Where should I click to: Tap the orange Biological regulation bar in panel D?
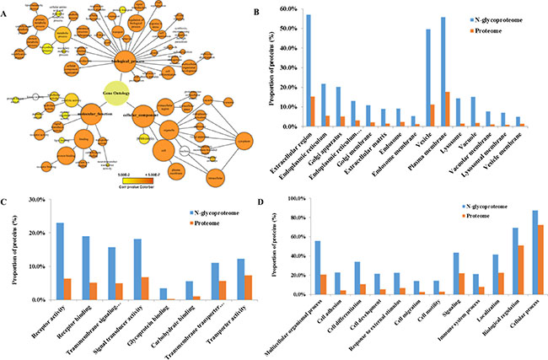pyautogui.click(x=519, y=270)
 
